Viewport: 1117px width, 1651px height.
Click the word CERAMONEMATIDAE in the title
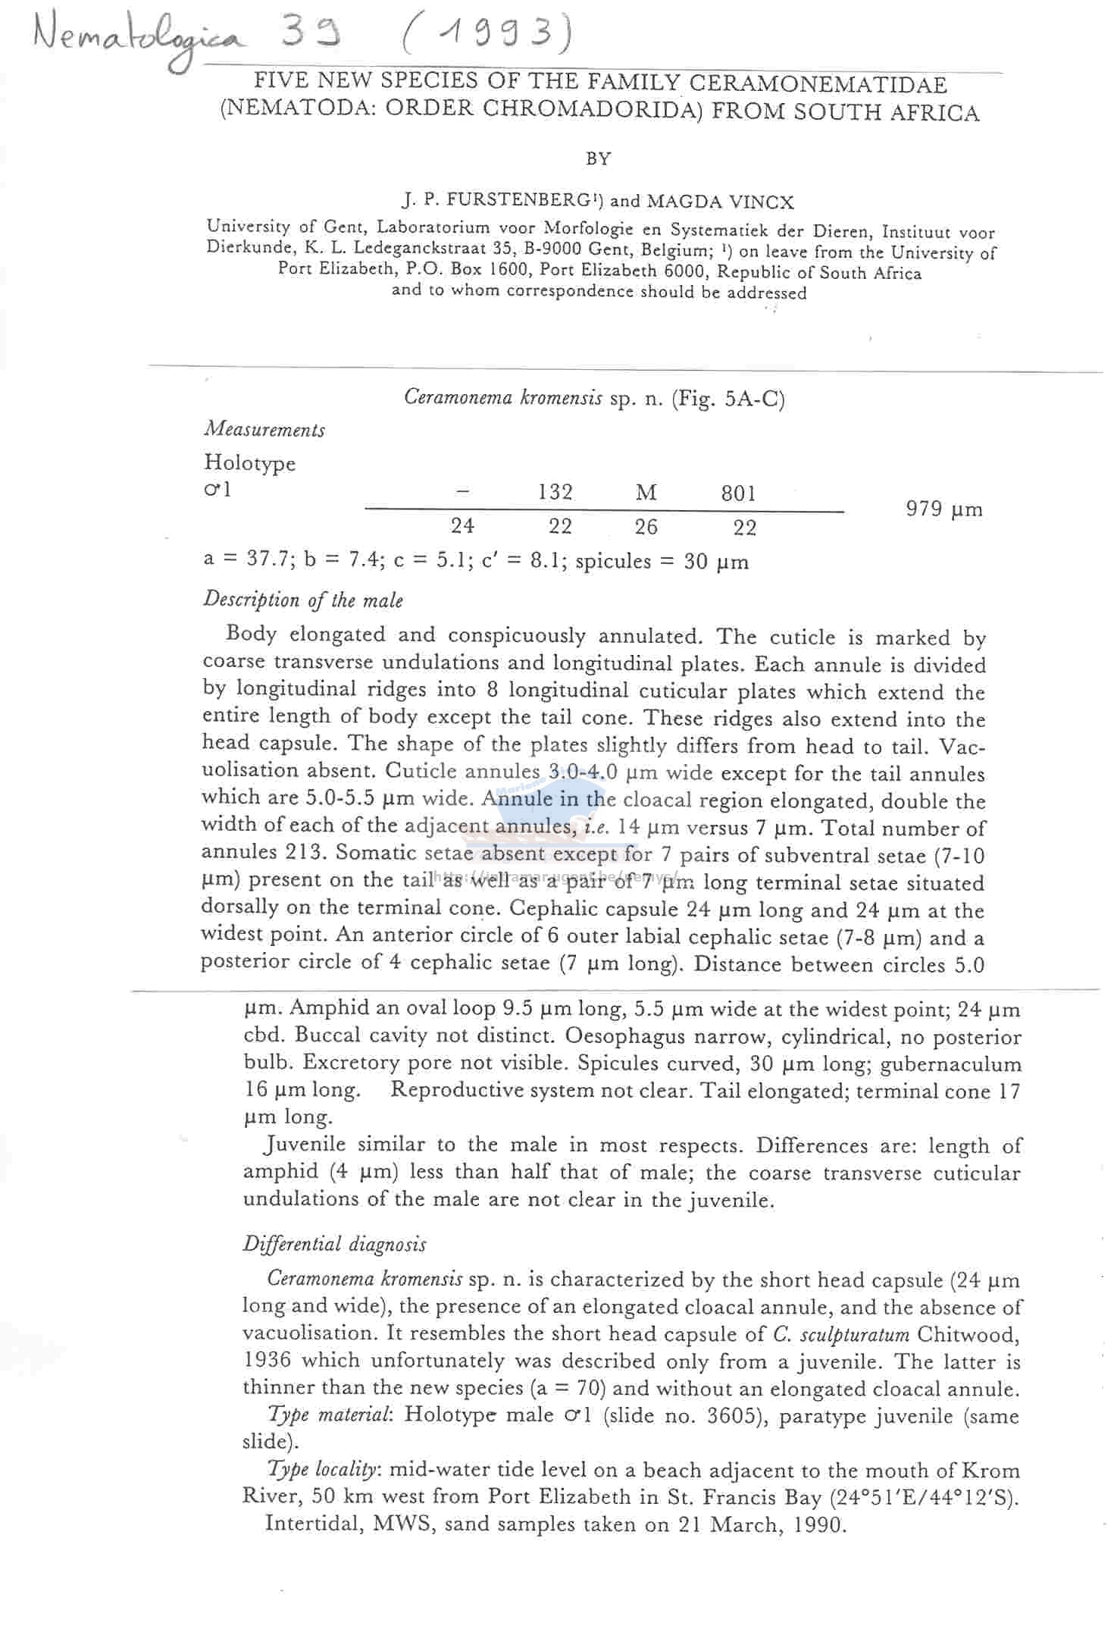[x=818, y=84]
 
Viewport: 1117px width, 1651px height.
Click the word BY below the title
[x=599, y=159]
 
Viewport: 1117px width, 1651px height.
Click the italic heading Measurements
[x=264, y=430]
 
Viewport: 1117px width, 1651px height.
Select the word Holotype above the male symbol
[x=249, y=462]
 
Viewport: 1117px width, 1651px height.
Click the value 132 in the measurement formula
[x=555, y=493]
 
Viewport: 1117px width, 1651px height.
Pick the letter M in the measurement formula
[x=646, y=493]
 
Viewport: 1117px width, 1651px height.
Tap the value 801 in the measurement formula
[x=738, y=494]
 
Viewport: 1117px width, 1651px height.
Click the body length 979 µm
[x=944, y=509]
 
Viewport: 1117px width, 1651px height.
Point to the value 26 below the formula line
[x=646, y=527]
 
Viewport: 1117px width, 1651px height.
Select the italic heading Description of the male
[x=303, y=600]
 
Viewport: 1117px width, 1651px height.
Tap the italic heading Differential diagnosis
[x=334, y=1244]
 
